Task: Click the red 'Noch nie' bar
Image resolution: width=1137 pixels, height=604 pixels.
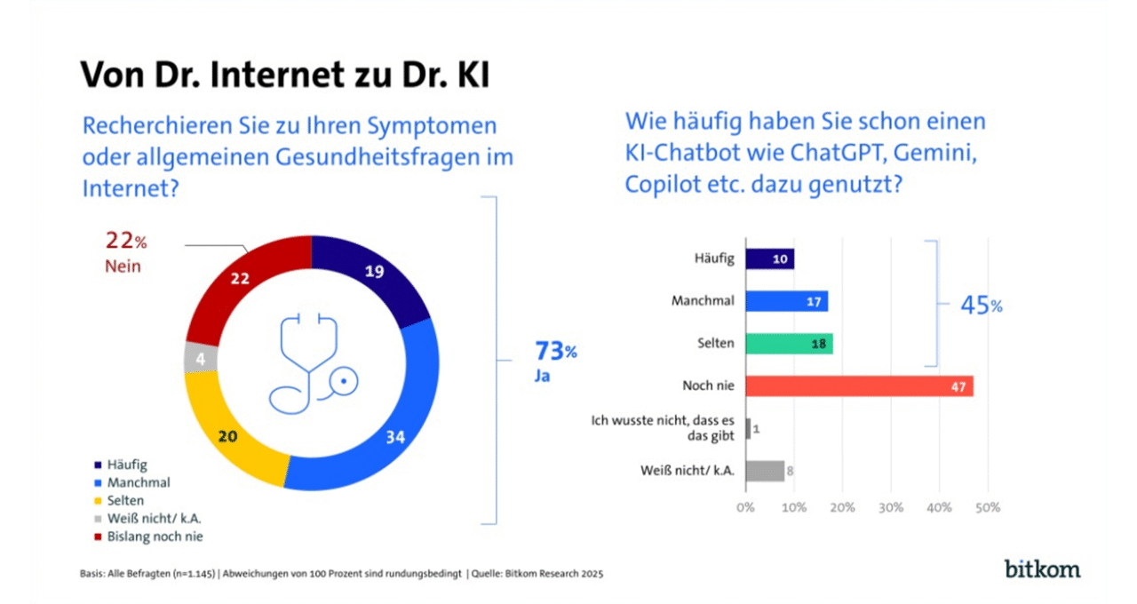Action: click(859, 386)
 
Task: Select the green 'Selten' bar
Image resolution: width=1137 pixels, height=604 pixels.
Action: click(789, 344)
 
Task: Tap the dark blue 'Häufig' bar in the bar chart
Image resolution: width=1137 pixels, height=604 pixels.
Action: click(769, 258)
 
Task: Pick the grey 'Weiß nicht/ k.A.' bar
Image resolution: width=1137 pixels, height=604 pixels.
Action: click(765, 471)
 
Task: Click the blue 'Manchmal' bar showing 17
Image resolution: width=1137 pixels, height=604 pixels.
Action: click(786, 301)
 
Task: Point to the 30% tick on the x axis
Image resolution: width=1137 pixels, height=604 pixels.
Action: click(891, 508)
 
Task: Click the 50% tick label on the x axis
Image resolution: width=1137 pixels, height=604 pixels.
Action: click(987, 508)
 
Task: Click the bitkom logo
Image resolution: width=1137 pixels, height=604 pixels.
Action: click(1042, 568)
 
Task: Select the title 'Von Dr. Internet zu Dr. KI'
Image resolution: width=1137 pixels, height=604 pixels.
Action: click(284, 75)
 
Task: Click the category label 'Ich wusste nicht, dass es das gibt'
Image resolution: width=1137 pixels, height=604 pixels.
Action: click(664, 429)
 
